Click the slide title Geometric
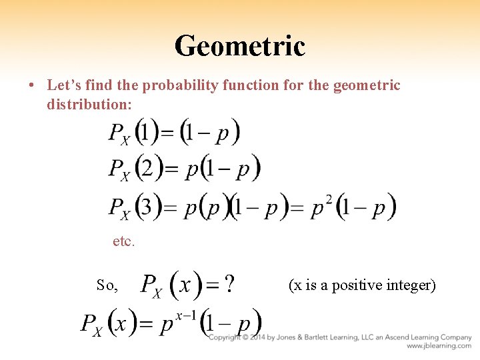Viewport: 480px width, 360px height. pyautogui.click(x=239, y=46)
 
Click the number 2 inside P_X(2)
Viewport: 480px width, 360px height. pyautogui.click(x=148, y=168)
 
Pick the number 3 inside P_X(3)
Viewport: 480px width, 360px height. pyautogui.click(x=148, y=207)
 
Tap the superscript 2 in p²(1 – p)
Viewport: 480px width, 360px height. pyautogui.click(x=329, y=197)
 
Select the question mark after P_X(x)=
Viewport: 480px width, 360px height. pyautogui.click(x=229, y=285)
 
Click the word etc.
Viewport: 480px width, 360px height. pyautogui.click(x=124, y=242)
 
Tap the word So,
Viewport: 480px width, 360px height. pyautogui.click(x=107, y=286)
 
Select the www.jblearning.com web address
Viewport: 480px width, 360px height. pyautogui.click(x=439, y=346)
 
